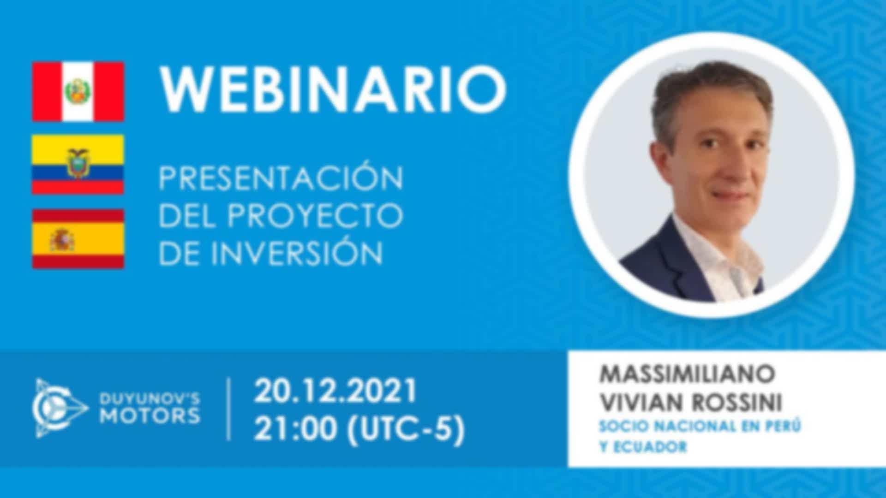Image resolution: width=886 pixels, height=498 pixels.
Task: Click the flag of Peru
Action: coord(78,91)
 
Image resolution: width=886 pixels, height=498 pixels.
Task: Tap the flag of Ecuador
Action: coord(78,165)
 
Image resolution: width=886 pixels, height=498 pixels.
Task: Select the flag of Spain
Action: coord(78,238)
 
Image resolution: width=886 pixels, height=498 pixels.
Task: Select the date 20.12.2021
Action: coord(335,391)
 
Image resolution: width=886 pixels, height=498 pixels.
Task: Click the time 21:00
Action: coord(295,430)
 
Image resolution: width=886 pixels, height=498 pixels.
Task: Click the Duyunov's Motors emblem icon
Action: coord(60,409)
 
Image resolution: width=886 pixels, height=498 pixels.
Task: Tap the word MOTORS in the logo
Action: coord(150,416)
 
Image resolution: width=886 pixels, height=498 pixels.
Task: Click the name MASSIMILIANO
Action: coord(686,374)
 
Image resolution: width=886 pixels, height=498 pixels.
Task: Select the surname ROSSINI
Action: coord(737,403)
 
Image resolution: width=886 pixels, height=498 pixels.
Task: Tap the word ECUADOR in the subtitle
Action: coord(649,447)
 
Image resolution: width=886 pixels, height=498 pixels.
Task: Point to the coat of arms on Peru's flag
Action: coord(78,92)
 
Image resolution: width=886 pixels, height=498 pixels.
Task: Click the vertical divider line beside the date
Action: coord(229,409)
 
